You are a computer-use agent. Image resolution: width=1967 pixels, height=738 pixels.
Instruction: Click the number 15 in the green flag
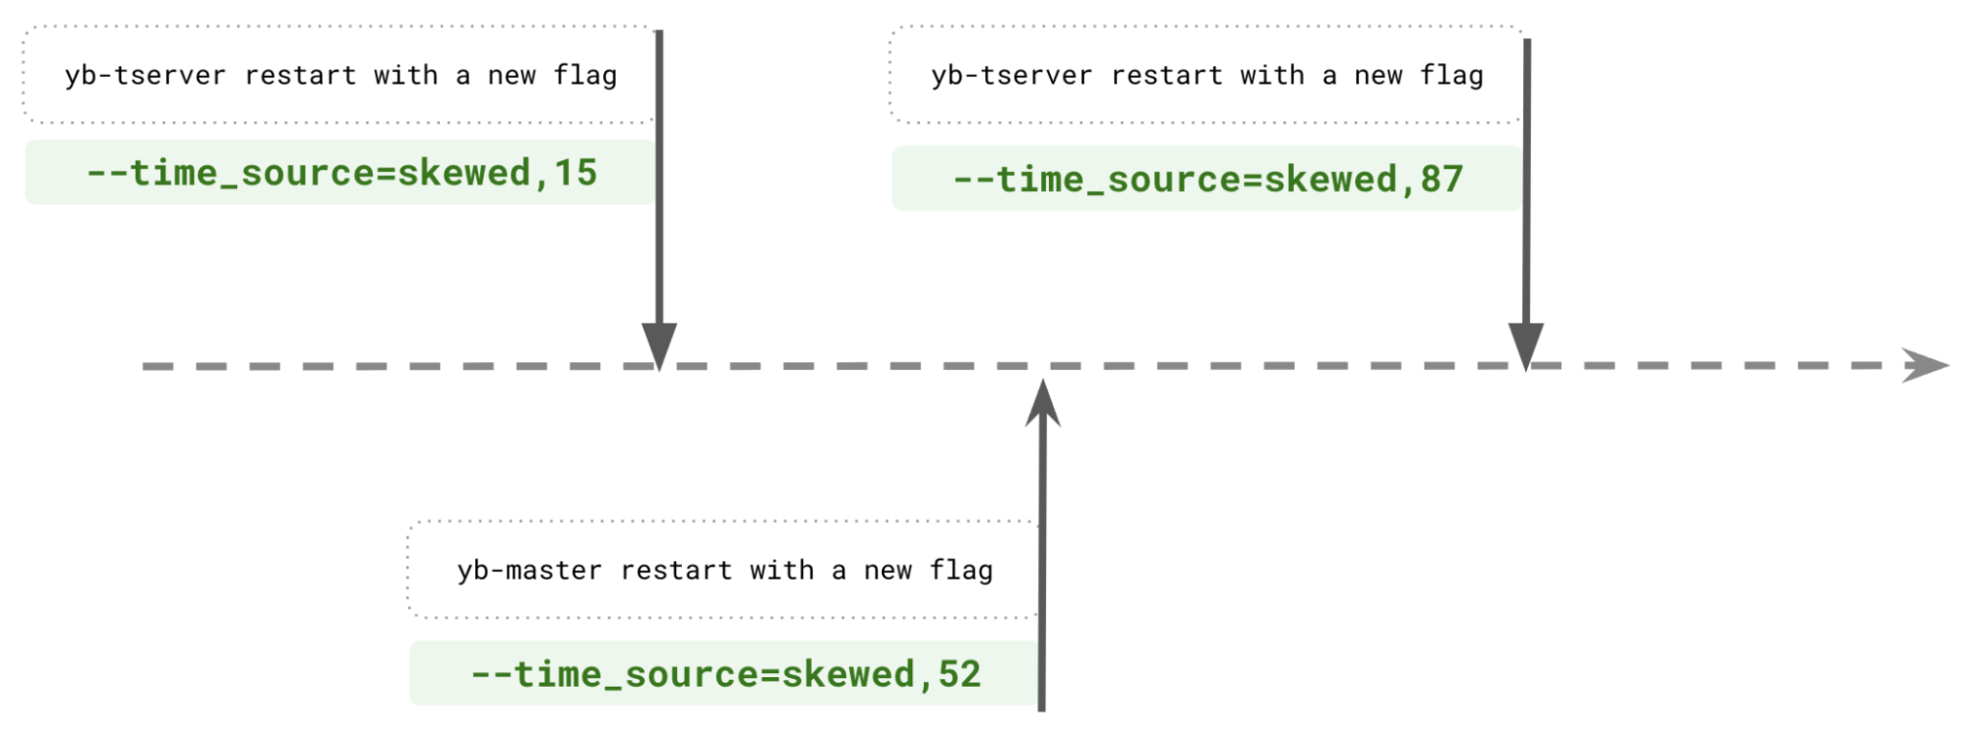pyautogui.click(x=576, y=173)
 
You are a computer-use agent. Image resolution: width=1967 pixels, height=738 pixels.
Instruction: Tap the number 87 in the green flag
pyautogui.click(x=1442, y=179)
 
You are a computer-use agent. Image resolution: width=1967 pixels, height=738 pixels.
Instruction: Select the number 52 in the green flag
pyautogui.click(x=959, y=674)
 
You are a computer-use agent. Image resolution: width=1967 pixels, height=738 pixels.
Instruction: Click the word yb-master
pyautogui.click(x=529, y=571)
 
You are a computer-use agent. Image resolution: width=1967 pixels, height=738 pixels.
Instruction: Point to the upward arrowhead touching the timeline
pyautogui.click(x=1042, y=401)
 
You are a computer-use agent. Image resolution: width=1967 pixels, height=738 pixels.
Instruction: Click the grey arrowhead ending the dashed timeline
pyautogui.click(x=1924, y=365)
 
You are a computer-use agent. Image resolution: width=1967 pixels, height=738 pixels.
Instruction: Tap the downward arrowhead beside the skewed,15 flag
pyautogui.click(x=659, y=344)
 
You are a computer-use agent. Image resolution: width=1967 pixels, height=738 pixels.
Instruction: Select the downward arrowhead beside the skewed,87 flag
pyautogui.click(x=1525, y=344)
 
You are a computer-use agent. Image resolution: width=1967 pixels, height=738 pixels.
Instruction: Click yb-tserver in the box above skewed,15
pyautogui.click(x=145, y=76)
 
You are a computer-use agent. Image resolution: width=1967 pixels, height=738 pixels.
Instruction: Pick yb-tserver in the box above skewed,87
pyautogui.click(x=1012, y=76)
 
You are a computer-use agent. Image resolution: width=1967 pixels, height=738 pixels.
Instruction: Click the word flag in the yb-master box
pyautogui.click(x=961, y=571)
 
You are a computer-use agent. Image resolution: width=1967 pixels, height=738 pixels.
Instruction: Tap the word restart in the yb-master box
pyautogui.click(x=676, y=571)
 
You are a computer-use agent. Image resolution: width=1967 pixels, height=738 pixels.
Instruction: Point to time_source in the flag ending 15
pyautogui.click(x=253, y=173)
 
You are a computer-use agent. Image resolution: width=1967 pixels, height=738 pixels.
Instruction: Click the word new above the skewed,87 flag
pyautogui.click(x=1378, y=76)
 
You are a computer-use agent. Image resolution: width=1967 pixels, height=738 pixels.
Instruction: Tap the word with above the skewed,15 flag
pyautogui.click(x=405, y=76)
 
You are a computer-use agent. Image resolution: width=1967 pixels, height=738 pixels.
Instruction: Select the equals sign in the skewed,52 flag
pyautogui.click(x=769, y=674)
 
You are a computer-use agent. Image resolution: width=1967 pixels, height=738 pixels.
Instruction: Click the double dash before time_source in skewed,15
pyautogui.click(x=107, y=173)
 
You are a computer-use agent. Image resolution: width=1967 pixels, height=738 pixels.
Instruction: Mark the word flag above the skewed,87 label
pyautogui.click(x=1451, y=76)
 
